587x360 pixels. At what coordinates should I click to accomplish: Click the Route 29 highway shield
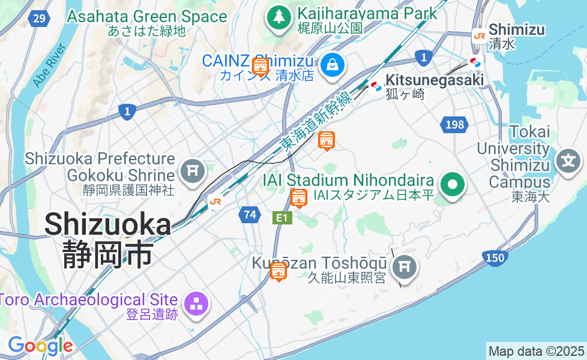pyautogui.click(x=38, y=19)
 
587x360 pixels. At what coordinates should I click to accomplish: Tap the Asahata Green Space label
pyautogui.click(x=147, y=17)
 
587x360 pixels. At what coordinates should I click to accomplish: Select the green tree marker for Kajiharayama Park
pyautogui.click(x=278, y=17)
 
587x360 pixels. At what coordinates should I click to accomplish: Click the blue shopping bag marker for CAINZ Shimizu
pyautogui.click(x=331, y=64)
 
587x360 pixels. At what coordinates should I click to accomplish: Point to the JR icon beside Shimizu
pyautogui.click(x=479, y=36)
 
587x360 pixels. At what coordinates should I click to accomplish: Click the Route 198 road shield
pyautogui.click(x=454, y=125)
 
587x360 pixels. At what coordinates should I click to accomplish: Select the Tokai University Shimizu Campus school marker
pyautogui.click(x=568, y=161)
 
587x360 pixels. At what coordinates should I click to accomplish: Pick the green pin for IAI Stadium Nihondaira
pyautogui.click(x=453, y=184)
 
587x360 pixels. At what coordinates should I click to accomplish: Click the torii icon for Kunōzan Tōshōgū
pyautogui.click(x=405, y=266)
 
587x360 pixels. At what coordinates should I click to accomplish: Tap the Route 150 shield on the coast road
pyautogui.click(x=495, y=257)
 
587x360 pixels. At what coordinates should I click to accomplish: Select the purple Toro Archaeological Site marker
pyautogui.click(x=196, y=304)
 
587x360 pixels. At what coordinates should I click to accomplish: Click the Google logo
pyautogui.click(x=40, y=345)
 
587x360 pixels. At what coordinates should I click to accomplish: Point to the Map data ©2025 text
pyautogui.click(x=536, y=351)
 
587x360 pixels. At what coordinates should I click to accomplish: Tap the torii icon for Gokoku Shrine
pyautogui.click(x=193, y=170)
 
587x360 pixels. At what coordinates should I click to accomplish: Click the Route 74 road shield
pyautogui.click(x=249, y=214)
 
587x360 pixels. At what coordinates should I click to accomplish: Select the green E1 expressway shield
pyautogui.click(x=282, y=218)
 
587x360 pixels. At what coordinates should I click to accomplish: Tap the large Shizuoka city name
pyautogui.click(x=108, y=224)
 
